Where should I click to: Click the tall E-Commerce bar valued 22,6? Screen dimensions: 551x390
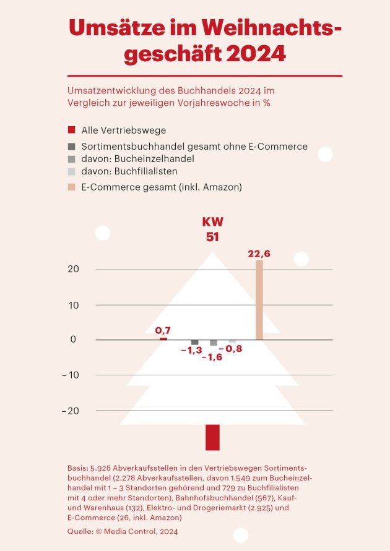[x=259, y=300]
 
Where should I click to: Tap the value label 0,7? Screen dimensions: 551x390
[x=163, y=331]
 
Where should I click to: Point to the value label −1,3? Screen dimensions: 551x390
[x=192, y=351]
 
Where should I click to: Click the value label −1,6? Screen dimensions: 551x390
[x=212, y=357]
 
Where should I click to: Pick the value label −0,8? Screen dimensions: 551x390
[x=231, y=349]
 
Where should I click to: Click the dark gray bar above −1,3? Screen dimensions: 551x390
[x=195, y=342]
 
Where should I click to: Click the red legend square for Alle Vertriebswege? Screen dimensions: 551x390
[x=71, y=130]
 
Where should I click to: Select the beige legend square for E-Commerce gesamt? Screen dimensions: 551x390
[x=71, y=186]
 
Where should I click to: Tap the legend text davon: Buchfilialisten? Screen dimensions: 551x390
[x=129, y=171]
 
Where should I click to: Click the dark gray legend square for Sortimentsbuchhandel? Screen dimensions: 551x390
[x=71, y=147]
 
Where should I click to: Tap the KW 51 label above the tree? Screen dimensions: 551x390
[x=212, y=229]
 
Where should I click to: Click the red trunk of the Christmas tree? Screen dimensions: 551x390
[x=212, y=437]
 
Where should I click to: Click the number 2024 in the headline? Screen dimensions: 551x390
[x=256, y=54]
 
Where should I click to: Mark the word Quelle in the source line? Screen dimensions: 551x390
[x=80, y=531]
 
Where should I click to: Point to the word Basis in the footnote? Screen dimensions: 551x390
[x=78, y=468]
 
